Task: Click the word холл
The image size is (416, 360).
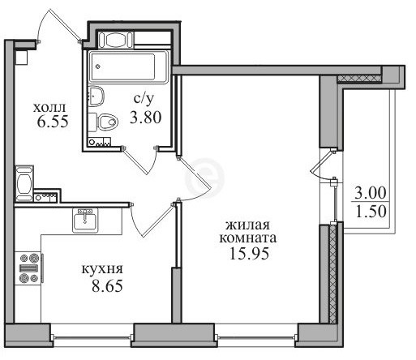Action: point(49,109)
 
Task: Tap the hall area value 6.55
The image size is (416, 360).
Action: point(53,122)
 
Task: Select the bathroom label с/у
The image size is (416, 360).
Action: point(144,100)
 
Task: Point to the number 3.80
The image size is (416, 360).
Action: point(146,118)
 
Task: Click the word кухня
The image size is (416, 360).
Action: point(102,269)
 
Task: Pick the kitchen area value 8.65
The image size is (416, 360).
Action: point(107,286)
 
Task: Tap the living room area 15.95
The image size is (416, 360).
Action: point(249,254)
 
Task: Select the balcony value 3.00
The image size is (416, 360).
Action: point(371,193)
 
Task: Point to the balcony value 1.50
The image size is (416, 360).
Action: point(371,212)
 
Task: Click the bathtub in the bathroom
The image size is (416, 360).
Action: point(129,66)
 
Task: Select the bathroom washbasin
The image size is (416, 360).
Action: point(96,96)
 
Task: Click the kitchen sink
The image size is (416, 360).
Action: point(85,221)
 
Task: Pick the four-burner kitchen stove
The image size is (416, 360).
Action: point(28,268)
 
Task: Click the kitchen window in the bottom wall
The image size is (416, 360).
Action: point(92,337)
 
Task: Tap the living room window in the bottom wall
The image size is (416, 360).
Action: point(256,337)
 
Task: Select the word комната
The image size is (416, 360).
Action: point(248,238)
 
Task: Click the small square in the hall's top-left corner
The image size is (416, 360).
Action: point(21,58)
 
